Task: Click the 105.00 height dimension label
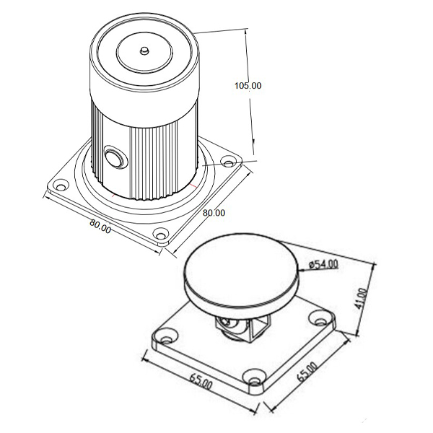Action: (x=248, y=86)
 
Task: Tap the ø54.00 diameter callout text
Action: (x=323, y=264)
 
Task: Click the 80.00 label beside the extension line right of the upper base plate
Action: (x=214, y=213)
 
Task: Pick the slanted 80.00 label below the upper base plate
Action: (x=100, y=226)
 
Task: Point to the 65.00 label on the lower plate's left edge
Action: (x=201, y=381)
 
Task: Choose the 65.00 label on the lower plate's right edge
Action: (x=306, y=372)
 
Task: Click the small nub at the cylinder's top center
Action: (x=144, y=51)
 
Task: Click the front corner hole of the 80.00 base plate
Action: (x=160, y=235)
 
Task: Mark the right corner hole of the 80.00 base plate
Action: (x=228, y=163)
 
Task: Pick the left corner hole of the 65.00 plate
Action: (x=166, y=338)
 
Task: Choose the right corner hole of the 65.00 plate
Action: (x=320, y=320)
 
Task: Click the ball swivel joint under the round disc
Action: (x=232, y=328)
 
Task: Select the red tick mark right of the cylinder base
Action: (x=193, y=185)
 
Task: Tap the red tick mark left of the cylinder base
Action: (x=113, y=196)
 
